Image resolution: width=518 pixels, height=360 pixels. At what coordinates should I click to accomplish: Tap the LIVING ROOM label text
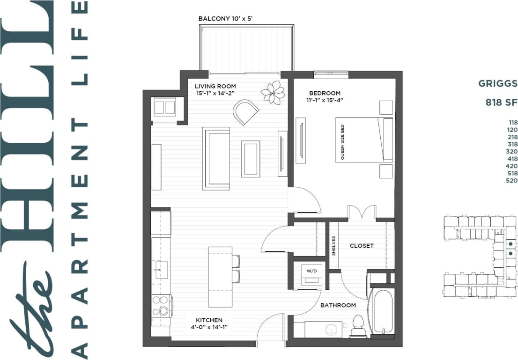(x=215, y=86)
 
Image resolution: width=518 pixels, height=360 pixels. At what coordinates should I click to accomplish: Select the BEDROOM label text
(x=325, y=93)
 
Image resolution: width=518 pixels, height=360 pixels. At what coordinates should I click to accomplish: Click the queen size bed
(x=364, y=140)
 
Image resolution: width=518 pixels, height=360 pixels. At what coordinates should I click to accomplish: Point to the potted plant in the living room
(x=273, y=92)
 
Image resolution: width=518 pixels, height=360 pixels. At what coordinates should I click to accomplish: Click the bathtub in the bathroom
(x=382, y=311)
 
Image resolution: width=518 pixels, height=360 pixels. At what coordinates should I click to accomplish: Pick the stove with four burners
(x=161, y=306)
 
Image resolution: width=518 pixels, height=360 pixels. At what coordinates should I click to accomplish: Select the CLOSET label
(x=362, y=245)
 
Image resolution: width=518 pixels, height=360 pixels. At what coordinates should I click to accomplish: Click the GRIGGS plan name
(x=497, y=84)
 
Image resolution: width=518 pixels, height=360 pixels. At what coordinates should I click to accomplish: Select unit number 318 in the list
(x=511, y=145)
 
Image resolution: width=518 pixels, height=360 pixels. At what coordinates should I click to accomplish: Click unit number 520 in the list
(x=511, y=181)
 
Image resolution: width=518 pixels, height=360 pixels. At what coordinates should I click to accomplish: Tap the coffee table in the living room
(x=251, y=159)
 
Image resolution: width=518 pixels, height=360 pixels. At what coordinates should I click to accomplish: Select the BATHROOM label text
(x=338, y=305)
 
